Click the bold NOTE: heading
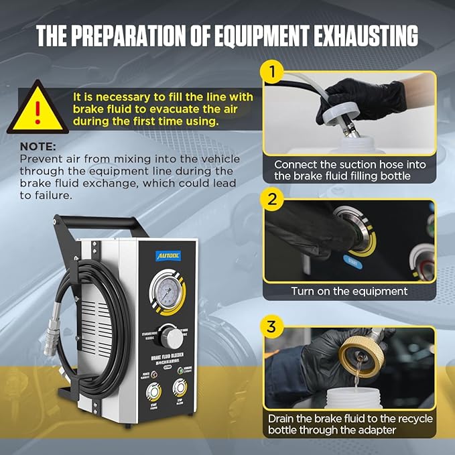coord(38,145)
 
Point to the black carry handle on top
coord(101,222)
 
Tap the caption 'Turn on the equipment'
coord(349,291)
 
